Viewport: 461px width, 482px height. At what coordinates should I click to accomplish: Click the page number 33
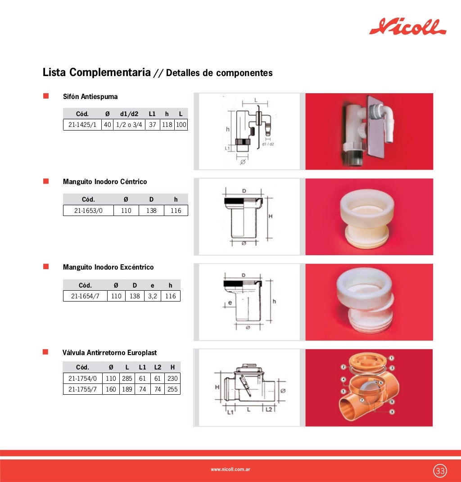pos(440,471)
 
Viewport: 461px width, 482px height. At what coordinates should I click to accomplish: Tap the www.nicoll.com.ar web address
pos(230,469)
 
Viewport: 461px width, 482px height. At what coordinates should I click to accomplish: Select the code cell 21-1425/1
pos(82,125)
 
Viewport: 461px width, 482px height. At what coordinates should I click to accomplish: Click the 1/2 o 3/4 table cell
pos(129,125)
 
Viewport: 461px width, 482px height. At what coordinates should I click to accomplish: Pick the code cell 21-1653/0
pos(88,210)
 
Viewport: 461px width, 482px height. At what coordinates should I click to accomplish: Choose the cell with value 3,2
pos(153,296)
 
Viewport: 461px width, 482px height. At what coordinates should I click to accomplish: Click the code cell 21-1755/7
pos(83,389)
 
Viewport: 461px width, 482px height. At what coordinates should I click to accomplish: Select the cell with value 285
pos(127,378)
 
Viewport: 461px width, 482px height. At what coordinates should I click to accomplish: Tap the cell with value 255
pos(172,389)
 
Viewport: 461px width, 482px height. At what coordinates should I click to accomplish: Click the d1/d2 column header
pos(129,114)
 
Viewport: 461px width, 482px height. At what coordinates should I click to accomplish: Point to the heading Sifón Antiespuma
pos(90,96)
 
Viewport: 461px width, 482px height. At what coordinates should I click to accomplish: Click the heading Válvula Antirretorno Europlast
pos(110,353)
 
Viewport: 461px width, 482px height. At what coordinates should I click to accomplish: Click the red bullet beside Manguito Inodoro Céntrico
pos(45,181)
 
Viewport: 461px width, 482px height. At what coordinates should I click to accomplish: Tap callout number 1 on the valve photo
pos(391,358)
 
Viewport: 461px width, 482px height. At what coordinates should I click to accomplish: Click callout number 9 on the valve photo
pos(392,412)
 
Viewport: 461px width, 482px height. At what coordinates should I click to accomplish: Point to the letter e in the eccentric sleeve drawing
pos(229,303)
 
